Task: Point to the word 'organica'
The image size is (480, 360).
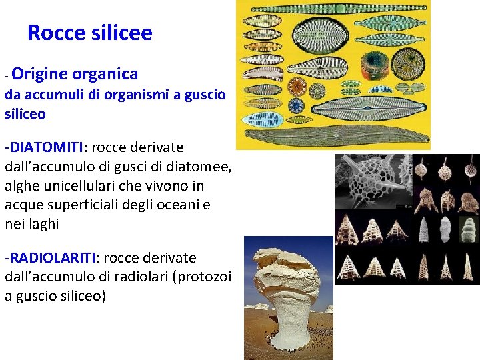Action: (x=105, y=74)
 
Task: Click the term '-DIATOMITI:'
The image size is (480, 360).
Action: (x=42, y=147)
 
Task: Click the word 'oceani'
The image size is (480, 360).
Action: (x=179, y=205)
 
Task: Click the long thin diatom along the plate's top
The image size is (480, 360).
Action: (x=333, y=9)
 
